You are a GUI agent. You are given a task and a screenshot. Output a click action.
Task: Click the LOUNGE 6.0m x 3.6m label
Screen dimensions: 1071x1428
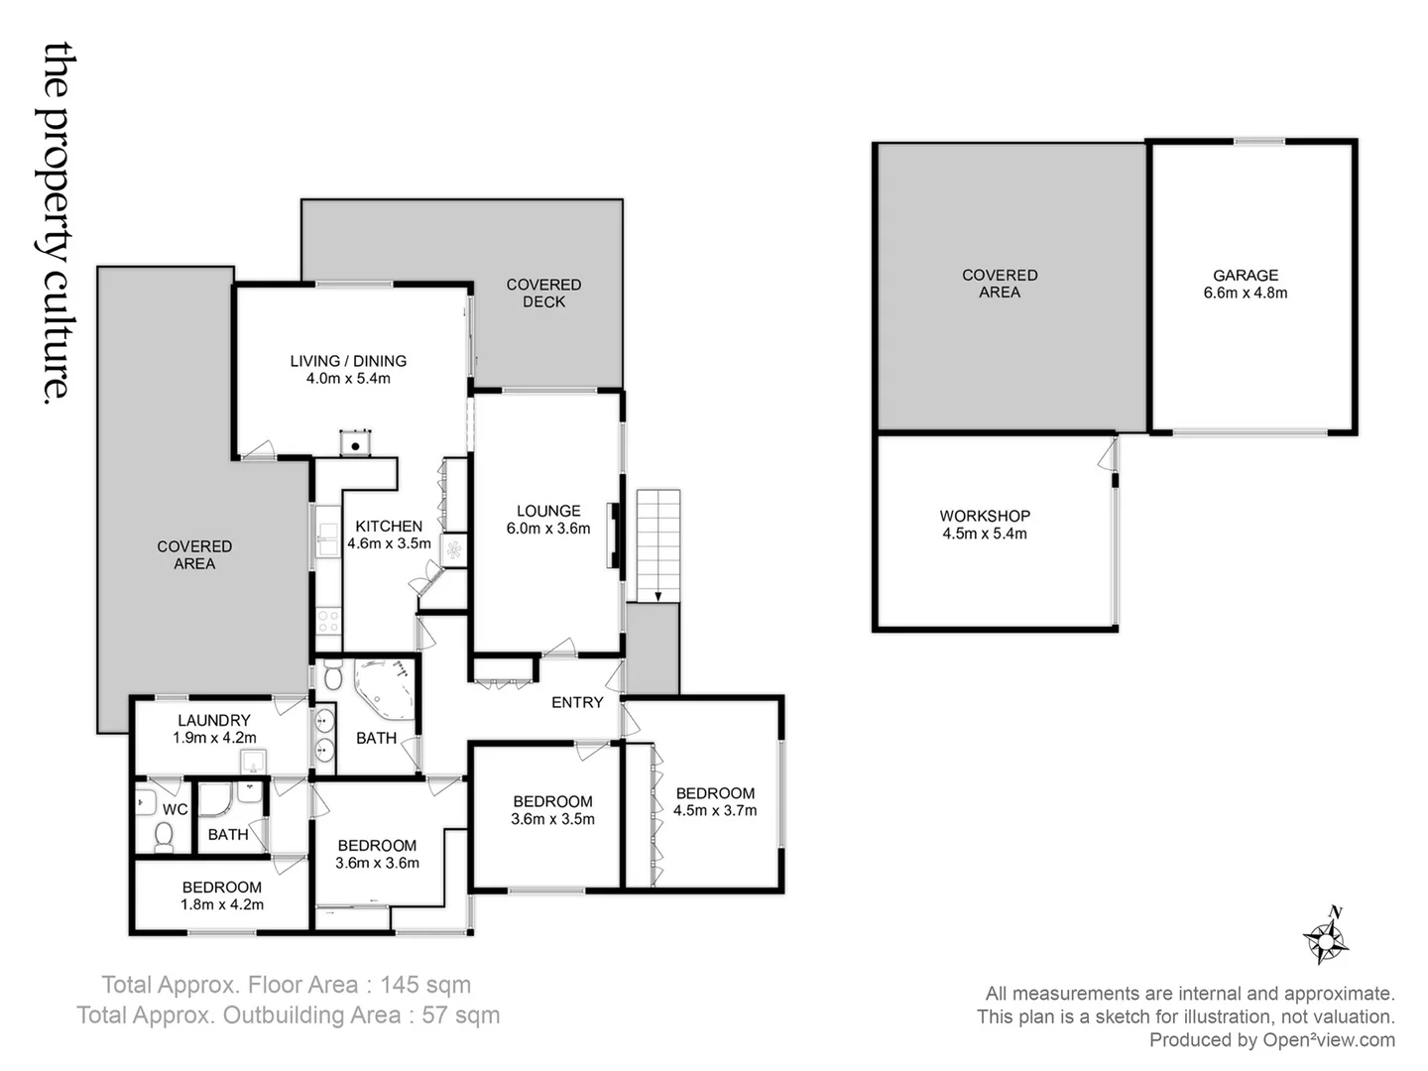pos(548,520)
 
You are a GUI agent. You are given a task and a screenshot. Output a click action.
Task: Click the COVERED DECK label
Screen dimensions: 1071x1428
pos(543,293)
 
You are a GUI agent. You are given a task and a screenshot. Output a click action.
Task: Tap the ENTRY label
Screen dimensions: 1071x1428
pos(577,702)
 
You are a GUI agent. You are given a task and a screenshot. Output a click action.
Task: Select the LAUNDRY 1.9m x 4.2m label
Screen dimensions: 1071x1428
pos(214,729)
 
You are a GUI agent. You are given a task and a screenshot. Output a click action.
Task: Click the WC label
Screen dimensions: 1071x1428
pos(175,809)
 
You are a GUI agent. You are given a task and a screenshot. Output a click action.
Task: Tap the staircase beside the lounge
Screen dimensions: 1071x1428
pos(658,544)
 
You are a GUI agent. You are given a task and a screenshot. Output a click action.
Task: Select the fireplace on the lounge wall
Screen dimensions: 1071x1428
pos(615,535)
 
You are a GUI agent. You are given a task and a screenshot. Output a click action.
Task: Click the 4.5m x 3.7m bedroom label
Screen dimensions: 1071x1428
pos(715,801)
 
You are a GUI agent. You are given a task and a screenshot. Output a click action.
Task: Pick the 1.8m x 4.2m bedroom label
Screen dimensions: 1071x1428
pos(222,895)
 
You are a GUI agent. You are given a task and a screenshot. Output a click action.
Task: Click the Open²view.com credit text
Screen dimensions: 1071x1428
pos(1328,1039)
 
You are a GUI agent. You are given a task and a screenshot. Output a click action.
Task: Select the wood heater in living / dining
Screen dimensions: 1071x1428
pos(354,442)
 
